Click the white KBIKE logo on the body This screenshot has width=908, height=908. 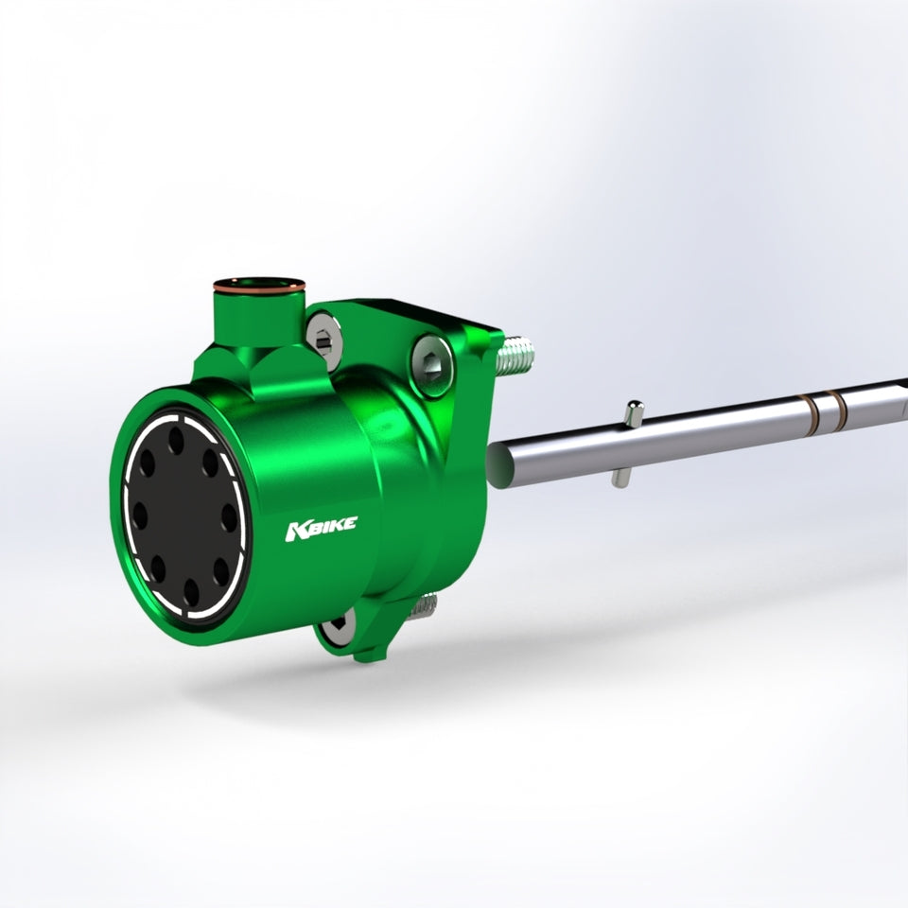tap(322, 529)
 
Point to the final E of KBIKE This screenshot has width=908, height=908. tap(350, 523)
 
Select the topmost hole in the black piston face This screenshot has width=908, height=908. tap(176, 441)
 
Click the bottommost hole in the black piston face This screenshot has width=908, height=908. tap(191, 592)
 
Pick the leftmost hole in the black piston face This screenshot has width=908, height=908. tap(140, 515)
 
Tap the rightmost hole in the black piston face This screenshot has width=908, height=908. tap(229, 517)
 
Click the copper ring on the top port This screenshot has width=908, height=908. tap(259, 286)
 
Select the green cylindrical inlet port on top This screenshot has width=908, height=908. tap(259, 316)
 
